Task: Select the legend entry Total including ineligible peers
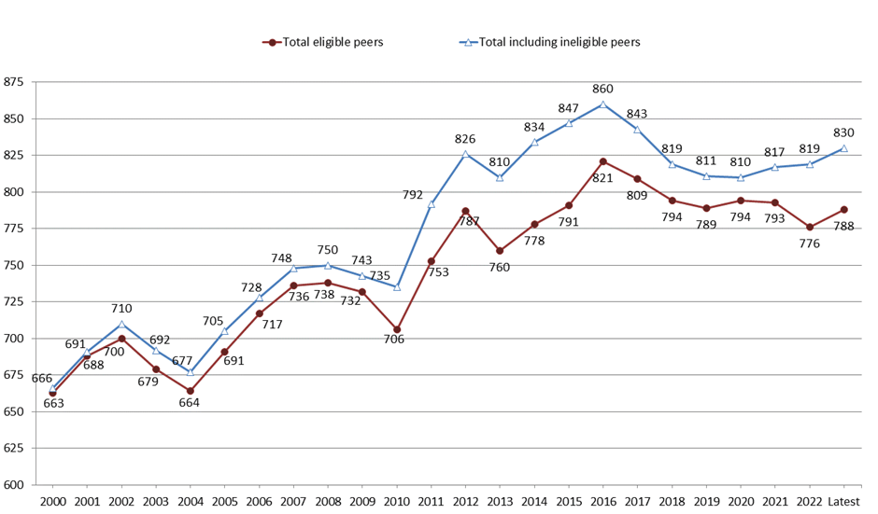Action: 559,42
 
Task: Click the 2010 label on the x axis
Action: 397,503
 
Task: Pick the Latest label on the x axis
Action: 844,503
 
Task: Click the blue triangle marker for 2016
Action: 603,104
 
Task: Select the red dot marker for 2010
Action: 397,329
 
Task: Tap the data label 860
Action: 603,89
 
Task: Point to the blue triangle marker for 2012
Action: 466,154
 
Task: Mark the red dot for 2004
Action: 191,391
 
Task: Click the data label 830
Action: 844,132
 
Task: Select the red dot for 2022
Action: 810,227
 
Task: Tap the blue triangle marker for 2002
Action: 121,324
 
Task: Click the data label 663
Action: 53,403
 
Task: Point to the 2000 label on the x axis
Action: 53,503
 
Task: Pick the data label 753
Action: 439,272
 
